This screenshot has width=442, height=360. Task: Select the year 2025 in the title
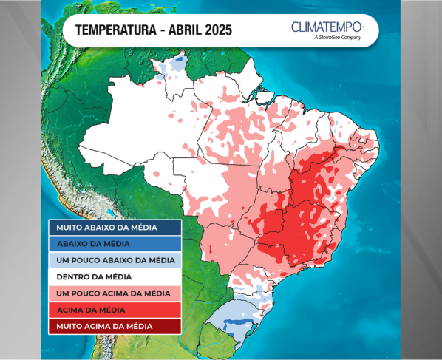pos(218,31)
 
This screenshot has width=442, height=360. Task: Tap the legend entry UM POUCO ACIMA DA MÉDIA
pos(114,293)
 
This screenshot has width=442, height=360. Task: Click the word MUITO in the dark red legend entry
pos(70,326)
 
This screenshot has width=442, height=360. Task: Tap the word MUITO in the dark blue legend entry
pos(70,228)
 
